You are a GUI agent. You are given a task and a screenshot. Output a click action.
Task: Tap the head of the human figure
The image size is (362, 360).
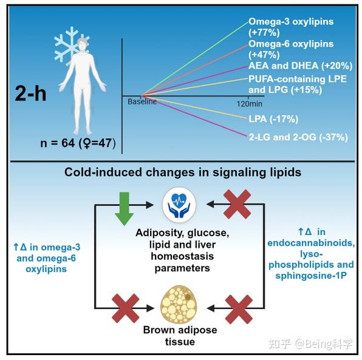point(83,44)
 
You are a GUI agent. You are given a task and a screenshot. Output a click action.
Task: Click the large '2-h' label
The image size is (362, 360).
point(30,93)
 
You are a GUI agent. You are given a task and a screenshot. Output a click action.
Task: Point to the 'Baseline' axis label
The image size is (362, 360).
point(142,101)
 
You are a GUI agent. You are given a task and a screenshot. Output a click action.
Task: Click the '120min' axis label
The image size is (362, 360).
point(250,104)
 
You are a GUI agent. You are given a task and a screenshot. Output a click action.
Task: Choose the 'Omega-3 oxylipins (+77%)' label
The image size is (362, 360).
point(291,27)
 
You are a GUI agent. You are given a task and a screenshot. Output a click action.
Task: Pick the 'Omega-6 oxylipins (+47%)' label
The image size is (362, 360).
point(291,49)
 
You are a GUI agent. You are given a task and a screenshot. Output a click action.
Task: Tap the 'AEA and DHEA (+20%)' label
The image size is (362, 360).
point(301,66)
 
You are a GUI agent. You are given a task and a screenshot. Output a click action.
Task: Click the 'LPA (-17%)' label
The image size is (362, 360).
point(273,119)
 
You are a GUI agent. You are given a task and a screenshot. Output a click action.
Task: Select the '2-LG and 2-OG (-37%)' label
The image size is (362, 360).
point(298,137)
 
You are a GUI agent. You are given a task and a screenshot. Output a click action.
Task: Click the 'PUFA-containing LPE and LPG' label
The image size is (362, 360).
point(298,84)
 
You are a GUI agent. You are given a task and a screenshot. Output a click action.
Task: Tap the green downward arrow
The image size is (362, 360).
point(124,209)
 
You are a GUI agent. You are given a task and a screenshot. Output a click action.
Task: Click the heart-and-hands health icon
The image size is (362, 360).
point(179,205)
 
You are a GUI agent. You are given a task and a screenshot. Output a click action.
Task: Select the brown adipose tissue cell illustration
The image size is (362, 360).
point(179,304)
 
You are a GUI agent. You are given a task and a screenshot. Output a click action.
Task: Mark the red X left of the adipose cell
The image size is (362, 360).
point(125,308)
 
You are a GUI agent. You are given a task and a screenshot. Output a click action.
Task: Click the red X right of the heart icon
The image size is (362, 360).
point(237,204)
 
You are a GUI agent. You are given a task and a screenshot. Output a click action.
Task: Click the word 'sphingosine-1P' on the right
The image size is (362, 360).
point(311,276)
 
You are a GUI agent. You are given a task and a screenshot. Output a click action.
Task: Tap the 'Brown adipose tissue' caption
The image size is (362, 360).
point(180,336)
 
